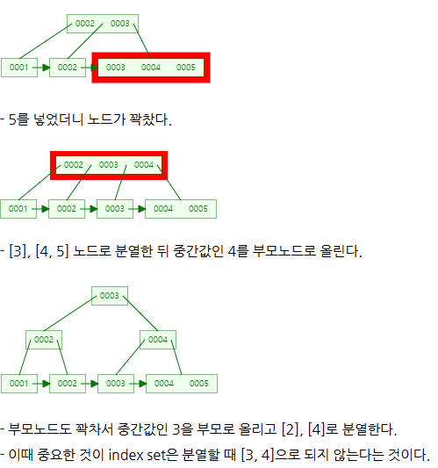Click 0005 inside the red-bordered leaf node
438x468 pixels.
[x=185, y=68]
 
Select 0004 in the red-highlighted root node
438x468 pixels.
[x=144, y=165]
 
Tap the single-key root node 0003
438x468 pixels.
[x=110, y=296]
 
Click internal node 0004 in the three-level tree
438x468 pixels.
[x=158, y=340]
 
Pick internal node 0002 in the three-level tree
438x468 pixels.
[x=44, y=340]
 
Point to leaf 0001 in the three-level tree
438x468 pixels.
[x=19, y=384]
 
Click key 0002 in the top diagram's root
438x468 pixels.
[x=85, y=24]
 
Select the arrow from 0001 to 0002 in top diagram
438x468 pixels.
[x=41, y=68]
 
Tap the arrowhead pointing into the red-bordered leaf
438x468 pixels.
[x=94, y=68]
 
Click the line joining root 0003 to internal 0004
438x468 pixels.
[x=140, y=313]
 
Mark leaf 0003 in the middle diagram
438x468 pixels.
[x=115, y=209]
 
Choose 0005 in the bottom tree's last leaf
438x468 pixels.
[x=198, y=384]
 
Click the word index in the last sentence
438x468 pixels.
[x=126, y=455]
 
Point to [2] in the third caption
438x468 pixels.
[x=292, y=429]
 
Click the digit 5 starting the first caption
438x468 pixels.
[x=12, y=119]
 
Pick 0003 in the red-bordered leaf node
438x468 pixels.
[x=116, y=68]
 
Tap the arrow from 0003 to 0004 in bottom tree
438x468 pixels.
[x=138, y=384]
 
